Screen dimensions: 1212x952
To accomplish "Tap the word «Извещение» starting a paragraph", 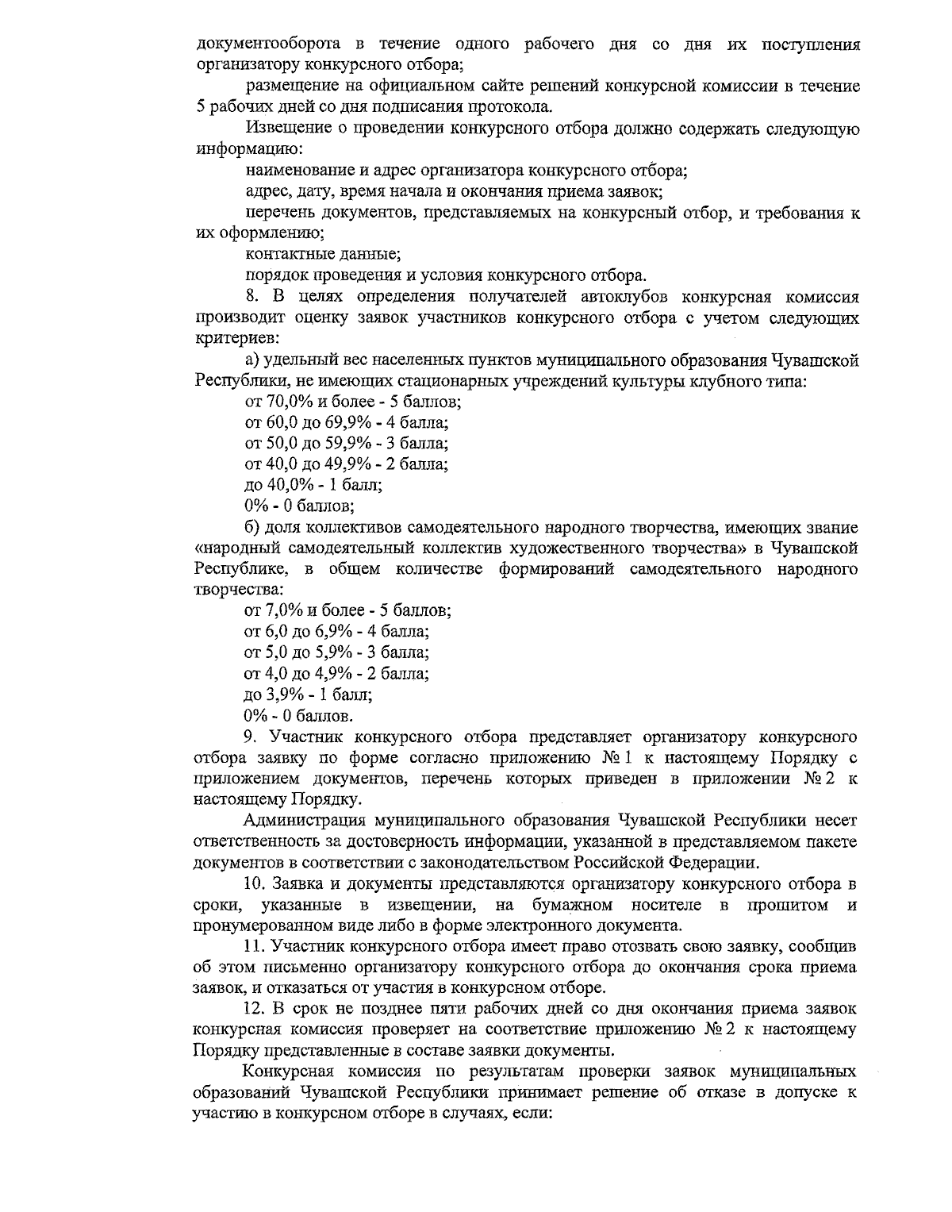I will point(286,128).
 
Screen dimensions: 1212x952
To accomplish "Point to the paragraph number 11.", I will point(255,946).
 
